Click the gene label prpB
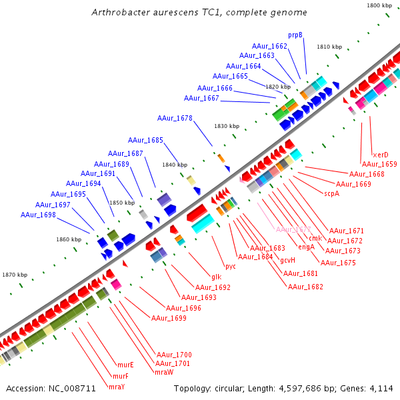295,35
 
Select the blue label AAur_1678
175,118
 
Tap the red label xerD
380,155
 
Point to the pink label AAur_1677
293,229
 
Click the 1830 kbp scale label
226,126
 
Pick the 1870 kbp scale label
15,275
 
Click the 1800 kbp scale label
379,5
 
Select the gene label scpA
331,193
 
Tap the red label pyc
230,266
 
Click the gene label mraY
117,387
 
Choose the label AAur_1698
38,215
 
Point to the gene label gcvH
287,260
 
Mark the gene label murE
125,365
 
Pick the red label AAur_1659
379,164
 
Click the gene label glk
216,277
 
